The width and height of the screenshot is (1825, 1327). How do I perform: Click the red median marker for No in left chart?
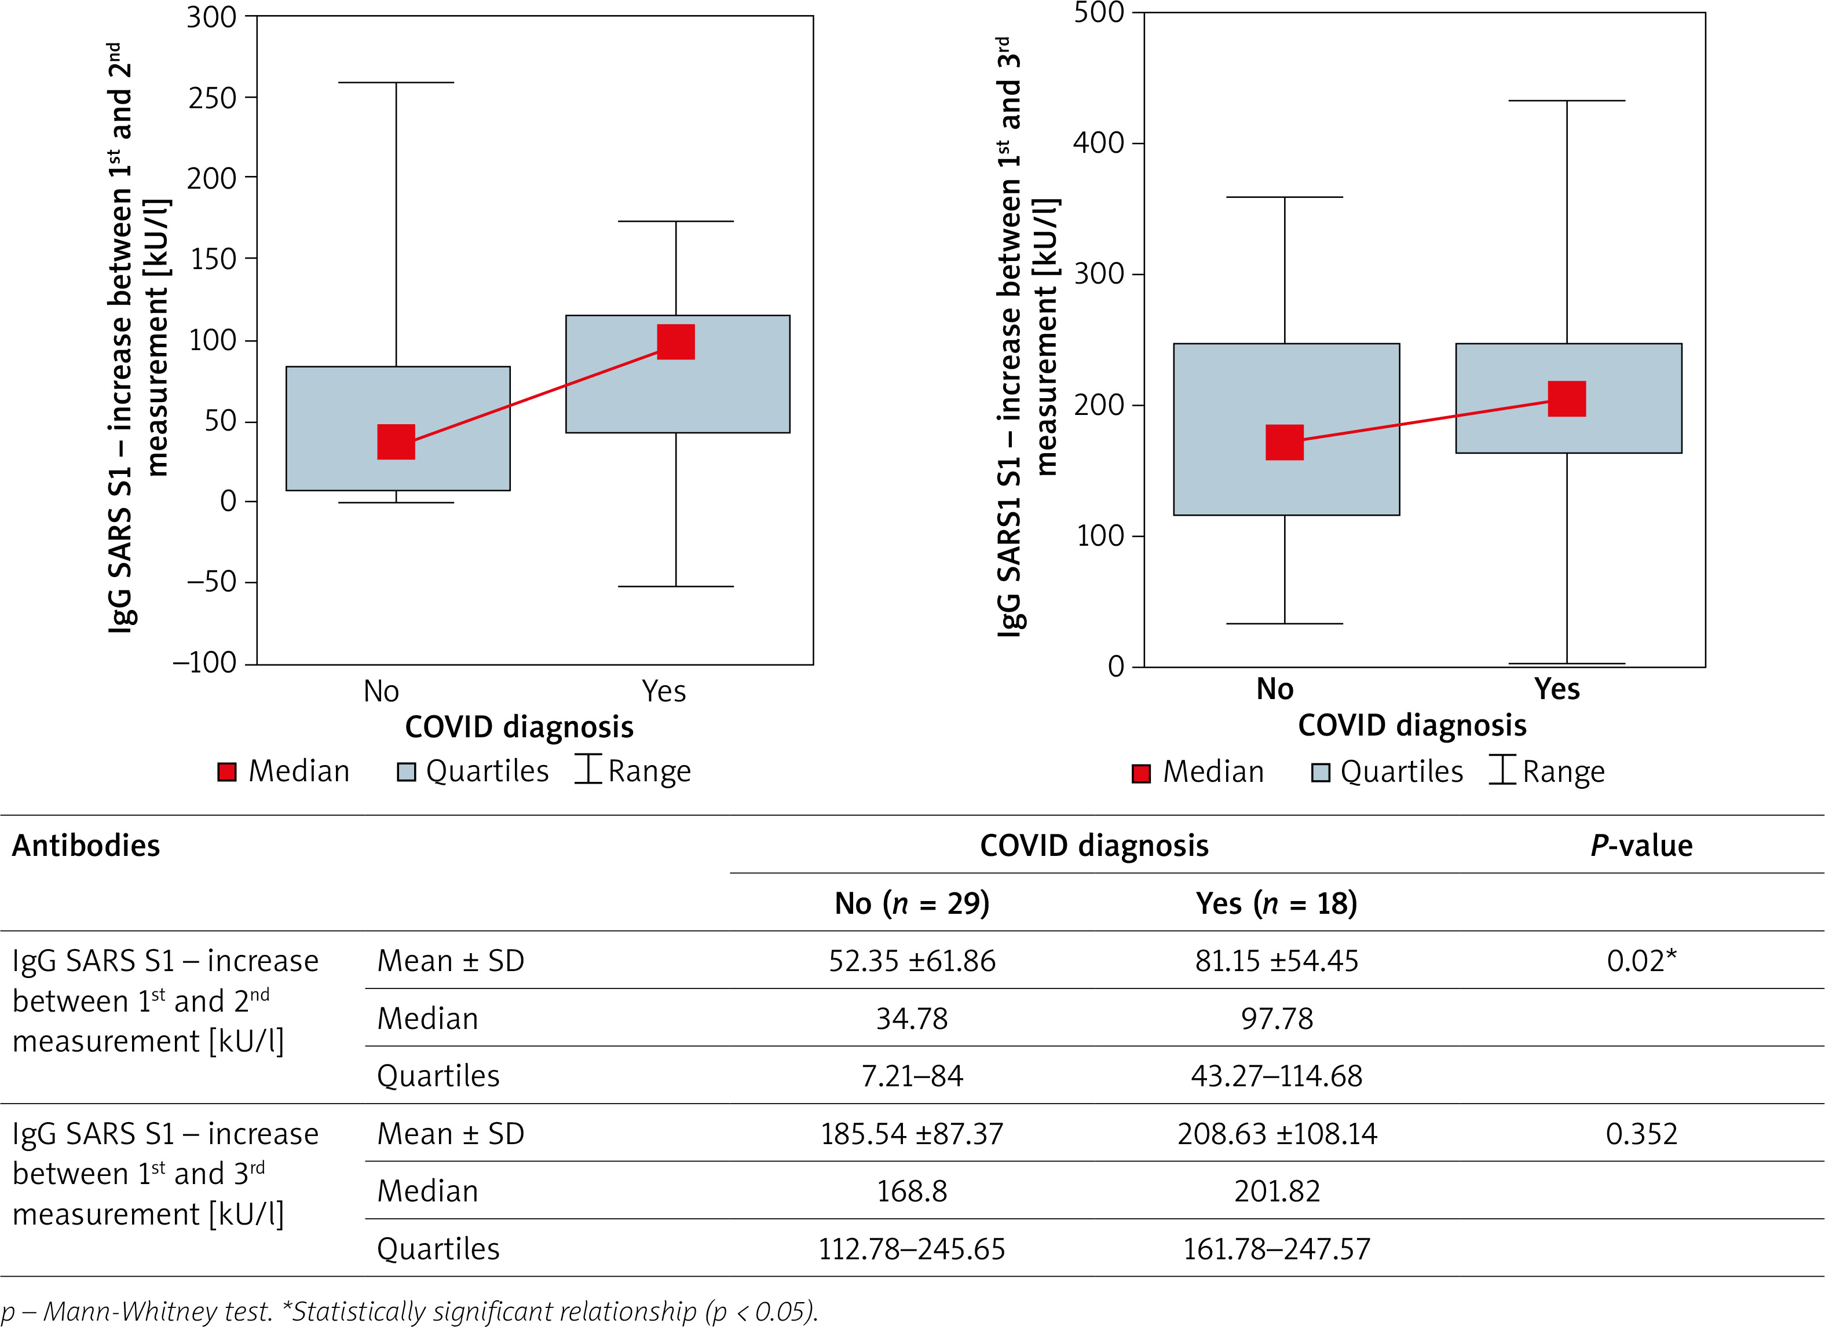pyautogui.click(x=396, y=442)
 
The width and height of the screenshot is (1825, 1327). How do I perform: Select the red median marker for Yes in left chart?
pyautogui.click(x=676, y=342)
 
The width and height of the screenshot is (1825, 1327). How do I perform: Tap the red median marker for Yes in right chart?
pyautogui.click(x=1567, y=399)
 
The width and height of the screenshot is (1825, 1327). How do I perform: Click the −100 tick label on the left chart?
pyautogui.click(x=204, y=663)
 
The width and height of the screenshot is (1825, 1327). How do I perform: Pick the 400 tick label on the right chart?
pyautogui.click(x=1098, y=143)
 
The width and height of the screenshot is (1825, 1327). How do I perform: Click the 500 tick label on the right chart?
pyautogui.click(x=1098, y=13)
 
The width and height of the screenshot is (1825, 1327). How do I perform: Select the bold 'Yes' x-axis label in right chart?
pyautogui.click(x=1556, y=689)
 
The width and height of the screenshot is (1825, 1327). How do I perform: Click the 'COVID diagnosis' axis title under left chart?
pyautogui.click(x=519, y=727)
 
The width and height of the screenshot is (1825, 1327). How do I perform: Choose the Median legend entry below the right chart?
pyautogui.click(x=1198, y=772)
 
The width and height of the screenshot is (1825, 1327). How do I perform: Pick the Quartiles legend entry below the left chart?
pyautogui.click(x=473, y=771)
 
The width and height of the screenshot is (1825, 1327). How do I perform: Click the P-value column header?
pyautogui.click(x=1641, y=846)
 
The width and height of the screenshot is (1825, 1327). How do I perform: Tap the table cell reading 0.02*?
pyautogui.click(x=1641, y=961)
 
